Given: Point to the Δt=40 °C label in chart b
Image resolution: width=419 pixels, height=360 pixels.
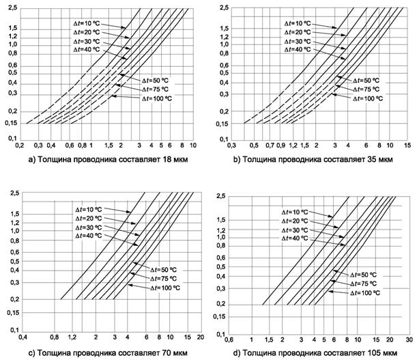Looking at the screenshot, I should (x=298, y=50).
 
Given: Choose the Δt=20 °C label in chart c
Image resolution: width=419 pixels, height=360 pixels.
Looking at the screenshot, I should (x=89, y=218).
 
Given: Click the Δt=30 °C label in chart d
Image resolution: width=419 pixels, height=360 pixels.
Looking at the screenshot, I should (x=296, y=230).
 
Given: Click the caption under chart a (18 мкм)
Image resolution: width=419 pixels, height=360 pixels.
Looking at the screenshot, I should (x=98, y=160).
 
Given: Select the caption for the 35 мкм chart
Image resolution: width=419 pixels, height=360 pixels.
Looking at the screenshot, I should (x=310, y=160).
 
